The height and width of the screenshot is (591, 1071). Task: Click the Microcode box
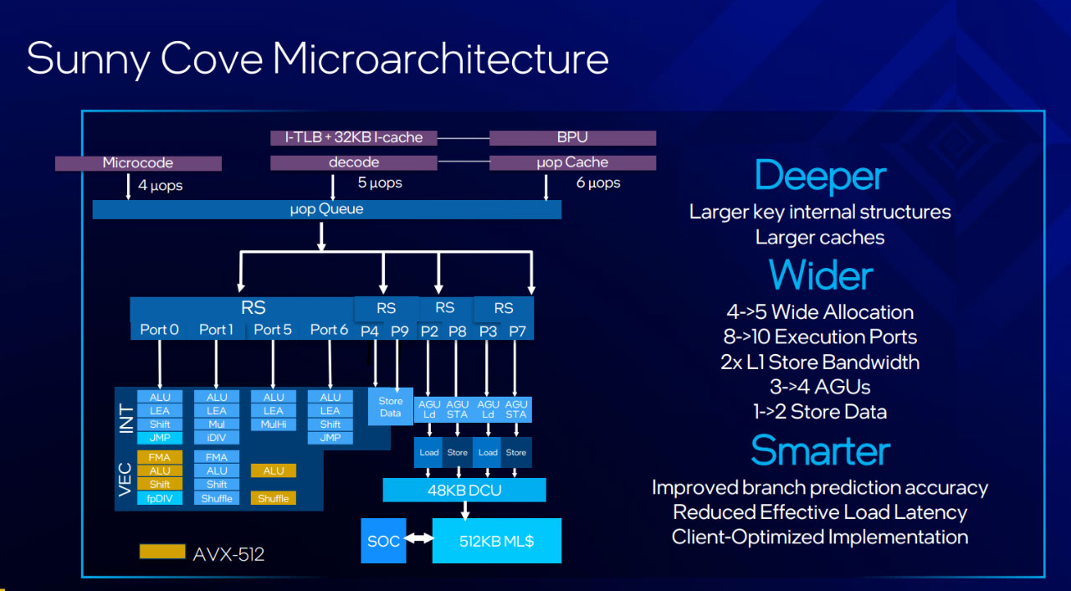coord(138,163)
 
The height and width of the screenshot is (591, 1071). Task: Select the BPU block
coord(572,138)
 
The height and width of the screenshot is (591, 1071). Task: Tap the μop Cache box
coord(572,162)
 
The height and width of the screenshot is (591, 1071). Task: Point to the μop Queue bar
coord(326,209)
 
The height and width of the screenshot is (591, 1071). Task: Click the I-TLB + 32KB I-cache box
coord(353,138)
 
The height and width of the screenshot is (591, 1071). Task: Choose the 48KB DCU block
coord(464,490)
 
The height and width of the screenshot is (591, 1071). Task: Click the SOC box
coord(383,541)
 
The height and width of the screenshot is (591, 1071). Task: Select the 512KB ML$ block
coord(497,541)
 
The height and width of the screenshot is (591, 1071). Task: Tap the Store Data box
coord(390,407)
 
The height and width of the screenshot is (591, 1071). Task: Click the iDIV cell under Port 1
coord(217,438)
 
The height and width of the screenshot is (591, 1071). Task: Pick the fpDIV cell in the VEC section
coord(160,498)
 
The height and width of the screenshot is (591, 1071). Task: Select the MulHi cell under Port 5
coord(274,424)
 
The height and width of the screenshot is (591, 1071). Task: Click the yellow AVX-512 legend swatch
coord(162,552)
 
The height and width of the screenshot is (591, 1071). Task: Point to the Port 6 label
coord(329,330)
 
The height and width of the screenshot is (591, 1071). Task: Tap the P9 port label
coord(400,331)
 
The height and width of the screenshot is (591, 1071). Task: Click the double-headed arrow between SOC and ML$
coord(419,538)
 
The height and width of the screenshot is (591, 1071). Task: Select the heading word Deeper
coord(820,177)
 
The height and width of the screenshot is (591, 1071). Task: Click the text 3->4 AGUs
coord(820,387)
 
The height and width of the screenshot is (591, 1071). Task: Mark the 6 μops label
coord(598,183)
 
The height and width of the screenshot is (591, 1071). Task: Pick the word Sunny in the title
coord(89,59)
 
